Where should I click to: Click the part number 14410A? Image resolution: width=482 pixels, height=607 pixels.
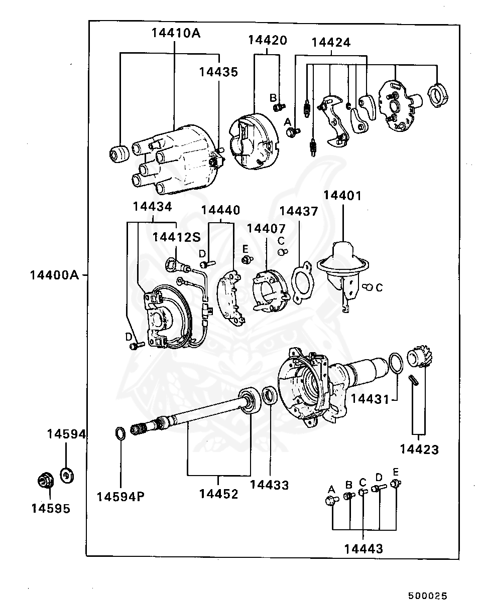175,33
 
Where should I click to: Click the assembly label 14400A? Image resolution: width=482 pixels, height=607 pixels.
54,275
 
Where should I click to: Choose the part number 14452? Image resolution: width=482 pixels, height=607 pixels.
218,494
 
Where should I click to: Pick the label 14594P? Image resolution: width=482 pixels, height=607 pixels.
120,497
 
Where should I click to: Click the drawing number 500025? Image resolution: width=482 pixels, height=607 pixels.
427,595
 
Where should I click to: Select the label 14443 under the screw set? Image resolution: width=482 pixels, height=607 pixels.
364,549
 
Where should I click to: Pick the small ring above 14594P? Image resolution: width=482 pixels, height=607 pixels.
120,432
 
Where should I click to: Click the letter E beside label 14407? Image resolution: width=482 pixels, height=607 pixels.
245,248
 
